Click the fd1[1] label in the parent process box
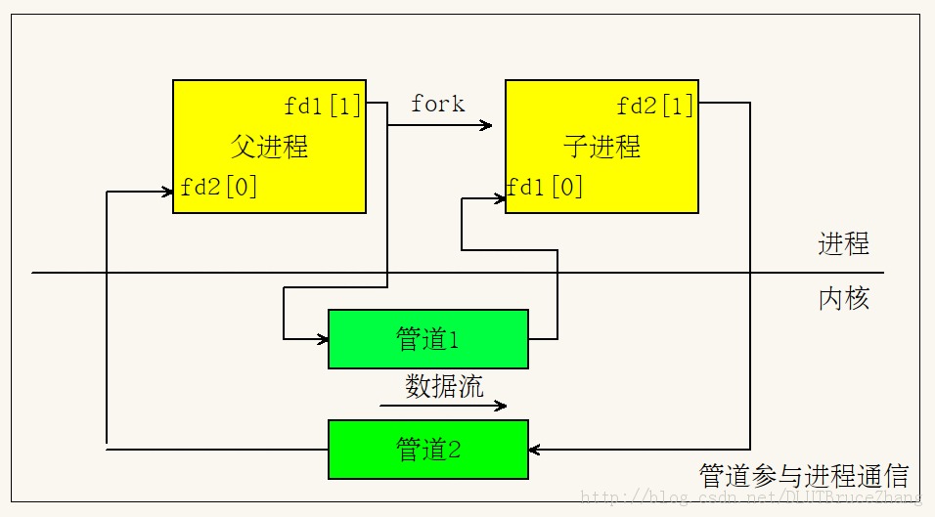point(323,106)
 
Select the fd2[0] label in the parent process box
point(219,188)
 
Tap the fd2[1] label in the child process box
point(655,106)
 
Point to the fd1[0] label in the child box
point(545,187)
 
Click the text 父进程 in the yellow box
point(269,147)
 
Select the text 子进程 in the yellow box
point(601,147)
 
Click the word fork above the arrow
point(437,104)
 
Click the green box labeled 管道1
point(427,339)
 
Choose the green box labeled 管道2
point(427,450)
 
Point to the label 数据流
point(444,386)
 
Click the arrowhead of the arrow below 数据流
point(502,406)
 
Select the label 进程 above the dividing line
point(843,243)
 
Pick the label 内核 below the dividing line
point(843,298)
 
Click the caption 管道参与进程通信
point(804,476)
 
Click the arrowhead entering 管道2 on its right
point(535,450)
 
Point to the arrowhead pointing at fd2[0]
point(167,192)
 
